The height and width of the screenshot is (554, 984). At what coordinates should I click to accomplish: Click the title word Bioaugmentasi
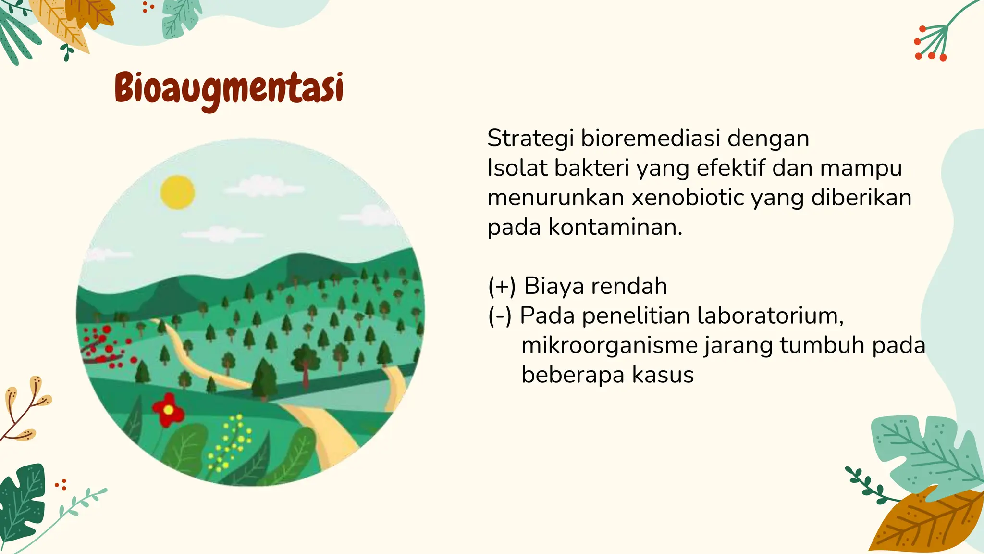click(x=229, y=89)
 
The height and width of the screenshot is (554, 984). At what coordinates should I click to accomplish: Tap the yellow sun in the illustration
click(x=178, y=192)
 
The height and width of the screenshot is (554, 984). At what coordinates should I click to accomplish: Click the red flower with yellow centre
click(x=168, y=410)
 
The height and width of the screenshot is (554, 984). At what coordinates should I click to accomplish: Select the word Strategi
click(x=530, y=139)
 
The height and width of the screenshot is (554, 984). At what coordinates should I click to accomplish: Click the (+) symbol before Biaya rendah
click(x=502, y=286)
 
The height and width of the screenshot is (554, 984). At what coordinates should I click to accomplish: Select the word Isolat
click(x=517, y=168)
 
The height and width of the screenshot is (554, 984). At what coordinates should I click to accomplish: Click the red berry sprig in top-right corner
click(x=931, y=43)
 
